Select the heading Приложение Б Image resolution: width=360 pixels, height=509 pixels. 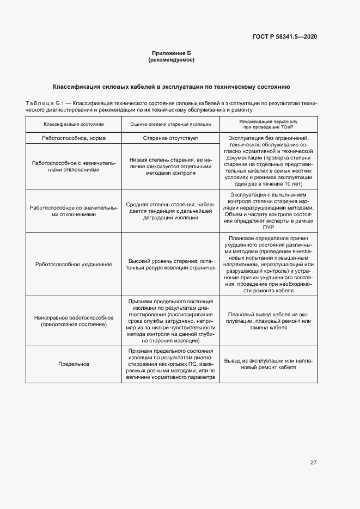pyautogui.click(x=171, y=53)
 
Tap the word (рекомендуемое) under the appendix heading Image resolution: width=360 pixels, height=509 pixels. pyautogui.click(x=171, y=60)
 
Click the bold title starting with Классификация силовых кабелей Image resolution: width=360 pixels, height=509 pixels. pyautogui.click(x=171, y=87)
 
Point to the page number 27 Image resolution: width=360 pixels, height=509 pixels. pyautogui.click(x=313, y=463)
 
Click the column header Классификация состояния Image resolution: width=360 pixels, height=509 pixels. pyautogui.click(x=74, y=124)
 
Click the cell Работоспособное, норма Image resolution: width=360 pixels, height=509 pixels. pyautogui.click(x=74, y=138)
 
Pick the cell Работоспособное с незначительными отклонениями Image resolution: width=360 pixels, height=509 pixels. pyautogui.click(x=74, y=167)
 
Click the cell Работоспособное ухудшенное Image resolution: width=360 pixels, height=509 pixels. pyautogui.click(x=74, y=264)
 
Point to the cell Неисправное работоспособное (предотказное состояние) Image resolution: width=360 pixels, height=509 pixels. pyautogui.click(x=74, y=321)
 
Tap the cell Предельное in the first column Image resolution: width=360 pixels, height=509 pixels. pyautogui.click(x=74, y=364)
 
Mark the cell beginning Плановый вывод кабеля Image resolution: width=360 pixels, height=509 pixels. pyautogui.click(x=269, y=321)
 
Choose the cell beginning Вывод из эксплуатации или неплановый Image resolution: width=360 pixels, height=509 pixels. pyautogui.click(x=269, y=364)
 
